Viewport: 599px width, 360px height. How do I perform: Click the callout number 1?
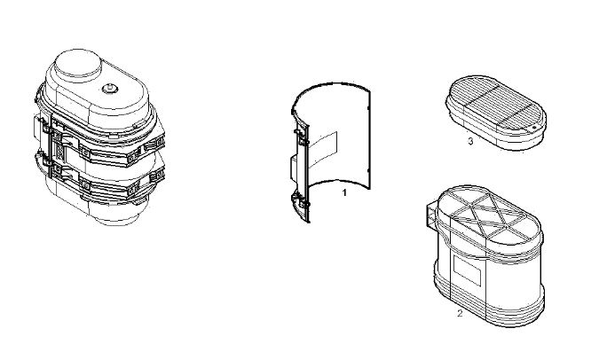pyautogui.click(x=344, y=192)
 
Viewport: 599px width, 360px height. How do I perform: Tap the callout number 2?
pyautogui.click(x=460, y=313)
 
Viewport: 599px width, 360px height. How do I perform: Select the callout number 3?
pyautogui.click(x=470, y=141)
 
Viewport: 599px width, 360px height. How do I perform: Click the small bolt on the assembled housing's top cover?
pyautogui.click(x=110, y=89)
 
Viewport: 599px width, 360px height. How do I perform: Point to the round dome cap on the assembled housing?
pyautogui.click(x=78, y=65)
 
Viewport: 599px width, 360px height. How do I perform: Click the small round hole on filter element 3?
pyautogui.click(x=535, y=126)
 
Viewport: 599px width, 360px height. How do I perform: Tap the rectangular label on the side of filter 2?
pyautogui.click(x=467, y=270)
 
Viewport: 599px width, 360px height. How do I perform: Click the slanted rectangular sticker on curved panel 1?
pyautogui.click(x=323, y=150)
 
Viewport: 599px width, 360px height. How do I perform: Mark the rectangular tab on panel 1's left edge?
pyautogui.click(x=296, y=168)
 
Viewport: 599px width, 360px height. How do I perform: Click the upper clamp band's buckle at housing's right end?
pyautogui.click(x=157, y=143)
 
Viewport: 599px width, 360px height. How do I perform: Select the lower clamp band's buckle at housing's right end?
pyautogui.click(x=157, y=176)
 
